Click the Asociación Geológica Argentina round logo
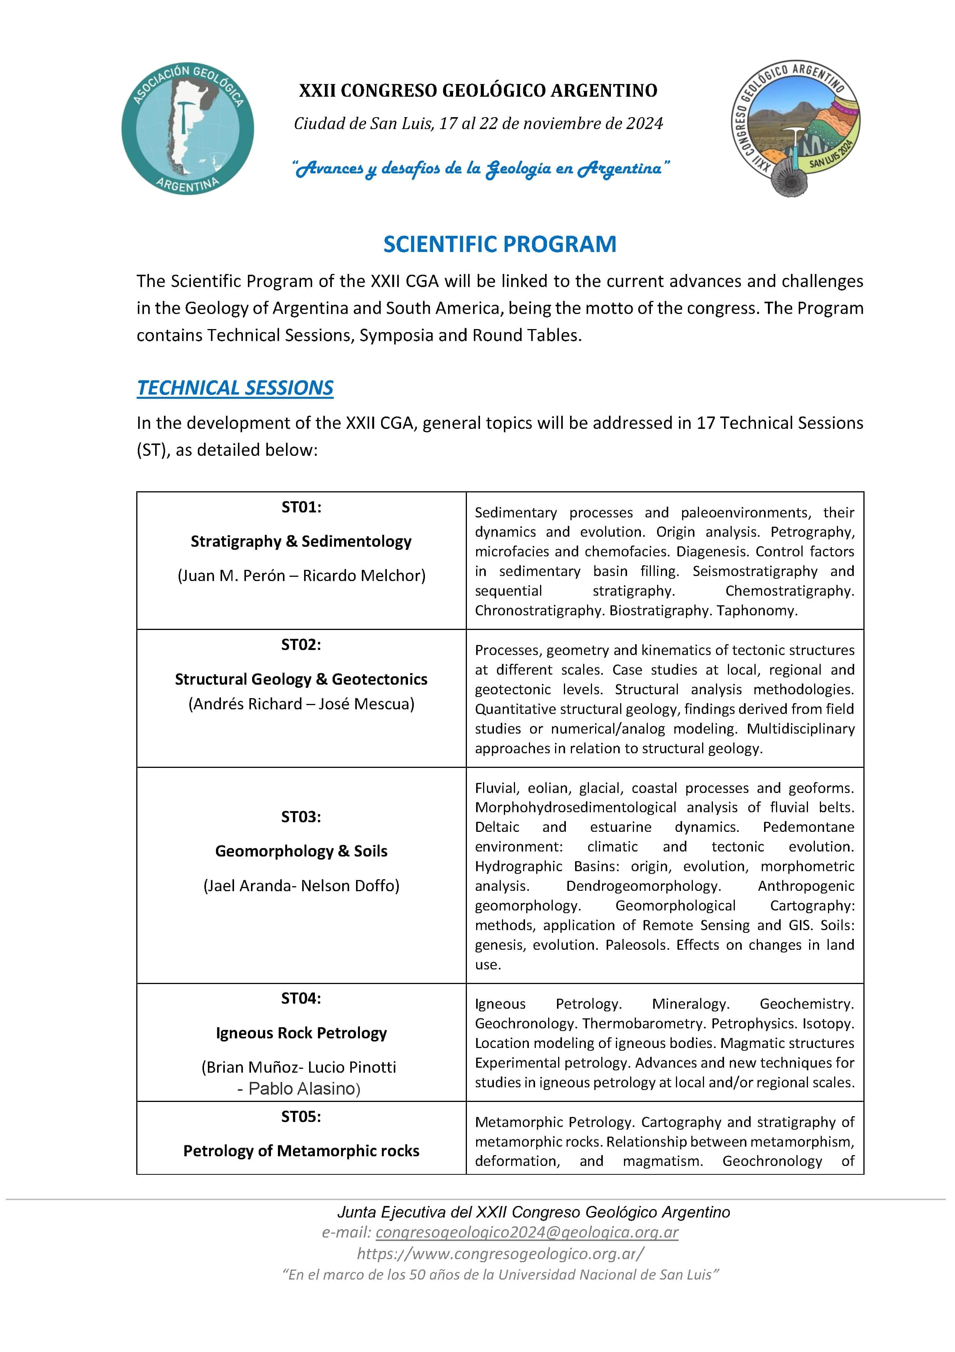tap(188, 128)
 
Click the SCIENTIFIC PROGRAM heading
tap(500, 244)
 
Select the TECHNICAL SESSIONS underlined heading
tap(235, 388)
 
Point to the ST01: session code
tap(301, 507)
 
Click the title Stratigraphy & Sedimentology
tap(301, 541)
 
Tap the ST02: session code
tap(301, 645)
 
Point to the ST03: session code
tap(301, 817)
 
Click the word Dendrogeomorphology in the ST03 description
tap(643, 886)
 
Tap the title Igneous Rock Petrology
tap(301, 1033)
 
